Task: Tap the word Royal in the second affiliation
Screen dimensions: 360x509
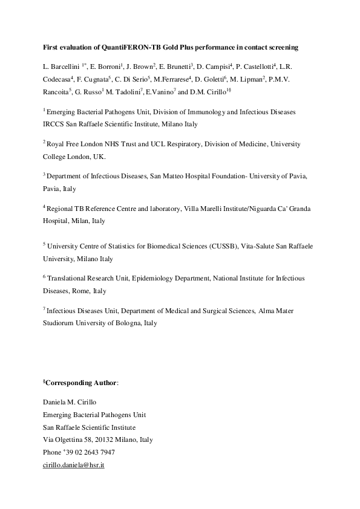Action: [x=57, y=144]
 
